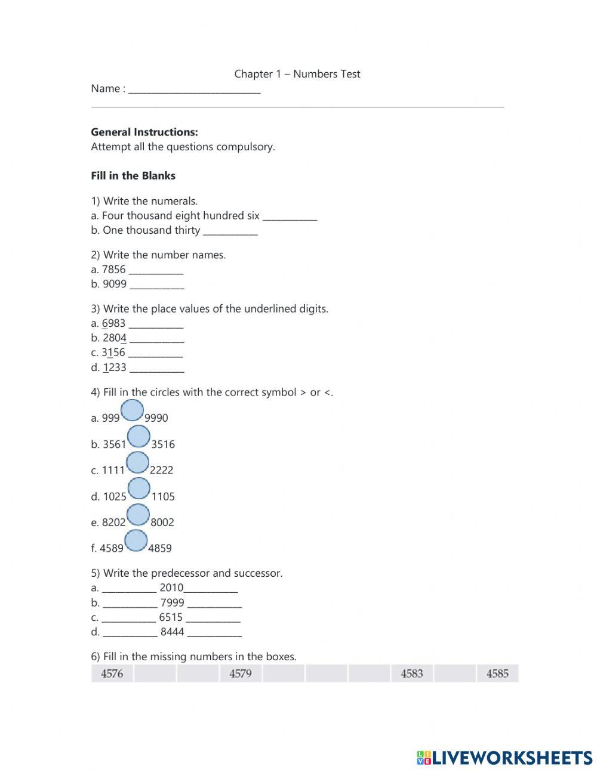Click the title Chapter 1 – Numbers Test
pos(297,74)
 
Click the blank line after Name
pos(195,89)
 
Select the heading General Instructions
pos(144,132)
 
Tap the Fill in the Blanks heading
pos(133,176)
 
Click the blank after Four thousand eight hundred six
pos(290,217)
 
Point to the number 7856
pos(113,270)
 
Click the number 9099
pos(115,284)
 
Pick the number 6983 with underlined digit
pos(113,323)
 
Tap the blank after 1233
pos(156,369)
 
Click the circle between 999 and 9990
pos(132,410)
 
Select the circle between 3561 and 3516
pos(139,437)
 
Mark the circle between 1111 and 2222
pos(137,463)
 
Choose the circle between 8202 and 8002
pos(138,515)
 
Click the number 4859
pos(159,548)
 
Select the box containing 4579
pos(241,674)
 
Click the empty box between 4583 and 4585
pos(455,674)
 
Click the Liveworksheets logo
pos(504,757)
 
